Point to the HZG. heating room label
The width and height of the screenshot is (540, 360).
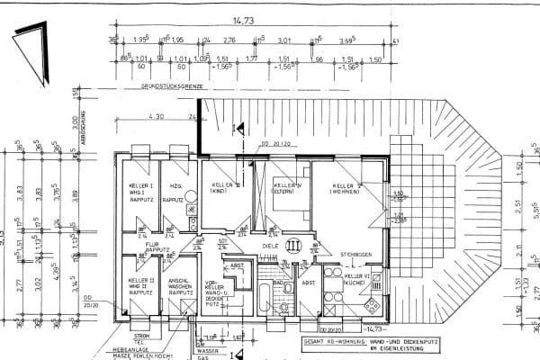pos(175,185)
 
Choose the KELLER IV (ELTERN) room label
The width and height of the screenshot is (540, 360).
pos(286,187)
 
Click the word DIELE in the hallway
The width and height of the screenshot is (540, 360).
pos(269,244)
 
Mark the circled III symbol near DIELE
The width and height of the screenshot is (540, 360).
pos(293,244)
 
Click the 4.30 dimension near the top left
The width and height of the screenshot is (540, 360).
pos(155,116)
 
